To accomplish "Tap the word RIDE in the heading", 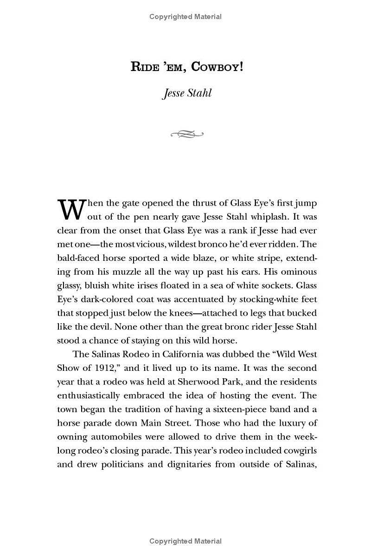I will coord(145,66).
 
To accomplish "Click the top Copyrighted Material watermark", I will coord(185,17).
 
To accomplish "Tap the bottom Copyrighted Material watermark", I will coord(185,541).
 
